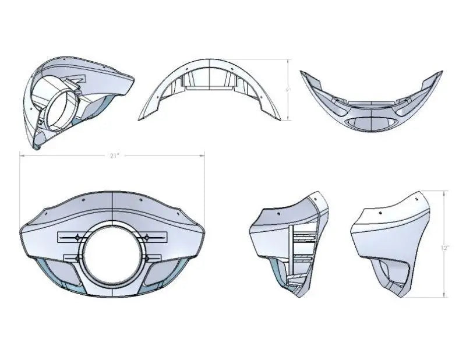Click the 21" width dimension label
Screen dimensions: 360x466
(x=114, y=156)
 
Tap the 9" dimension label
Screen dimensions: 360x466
(x=288, y=90)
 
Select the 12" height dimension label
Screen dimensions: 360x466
(x=445, y=248)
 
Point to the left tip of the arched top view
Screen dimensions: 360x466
(x=140, y=118)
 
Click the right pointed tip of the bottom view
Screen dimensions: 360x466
(x=440, y=73)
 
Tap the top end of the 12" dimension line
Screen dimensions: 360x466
(x=445, y=191)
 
